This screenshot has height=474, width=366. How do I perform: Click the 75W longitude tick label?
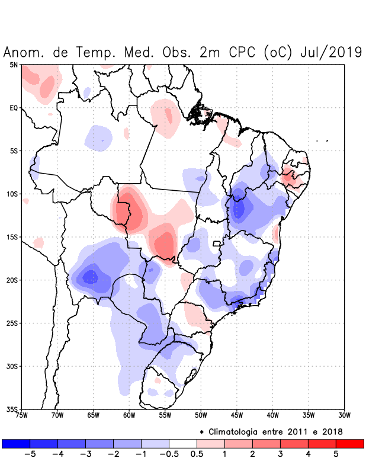tap(22, 416)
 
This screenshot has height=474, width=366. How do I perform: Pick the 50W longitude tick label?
tap(201, 416)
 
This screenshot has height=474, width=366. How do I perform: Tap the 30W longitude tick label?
tap(344, 416)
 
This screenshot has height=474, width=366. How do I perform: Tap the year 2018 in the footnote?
tap(332, 431)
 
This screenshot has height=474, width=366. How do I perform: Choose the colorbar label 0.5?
tap(197, 454)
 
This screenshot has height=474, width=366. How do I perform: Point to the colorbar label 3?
tap(281, 454)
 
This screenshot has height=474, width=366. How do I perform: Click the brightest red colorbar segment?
tap(349, 444)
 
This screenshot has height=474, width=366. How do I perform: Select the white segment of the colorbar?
tap(183, 444)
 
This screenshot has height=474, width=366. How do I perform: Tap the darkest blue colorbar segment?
tap(16, 444)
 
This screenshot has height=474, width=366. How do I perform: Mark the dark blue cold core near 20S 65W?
tap(90, 277)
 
